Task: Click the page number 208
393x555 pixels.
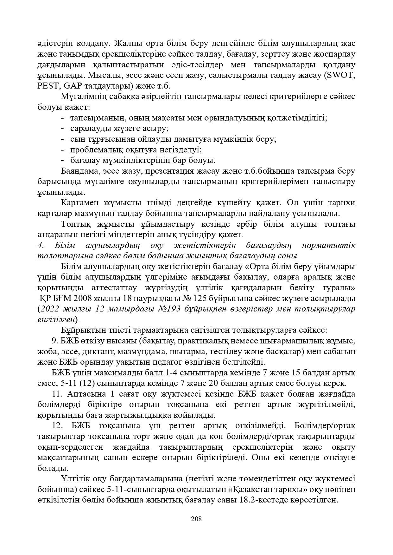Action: tap(196, 519)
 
